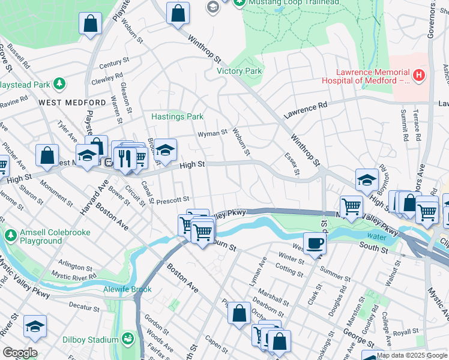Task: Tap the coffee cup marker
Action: click(x=315, y=243)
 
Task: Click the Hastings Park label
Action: click(x=177, y=116)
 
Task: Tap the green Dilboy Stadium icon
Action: click(x=127, y=339)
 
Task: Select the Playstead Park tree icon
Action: click(x=59, y=83)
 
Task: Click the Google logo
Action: click(x=20, y=353)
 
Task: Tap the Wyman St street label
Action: click(x=212, y=132)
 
